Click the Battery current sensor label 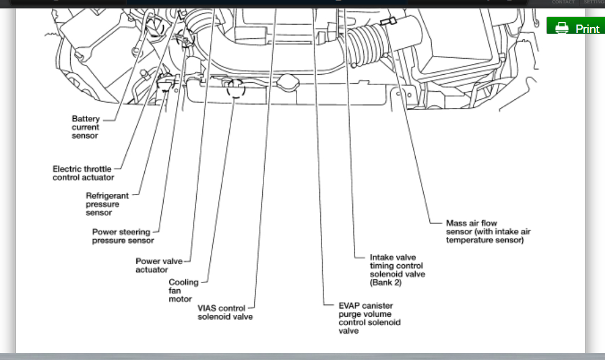tap(86, 127)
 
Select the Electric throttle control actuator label tap(83, 173)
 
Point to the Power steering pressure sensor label tap(123, 236)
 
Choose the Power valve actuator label tap(159, 265)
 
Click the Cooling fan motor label tap(183, 290)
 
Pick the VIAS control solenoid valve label tap(225, 312)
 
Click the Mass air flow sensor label tap(488, 232)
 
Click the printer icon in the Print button tap(562, 28)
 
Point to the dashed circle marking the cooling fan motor tap(235, 88)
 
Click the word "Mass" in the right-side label tap(456, 223)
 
